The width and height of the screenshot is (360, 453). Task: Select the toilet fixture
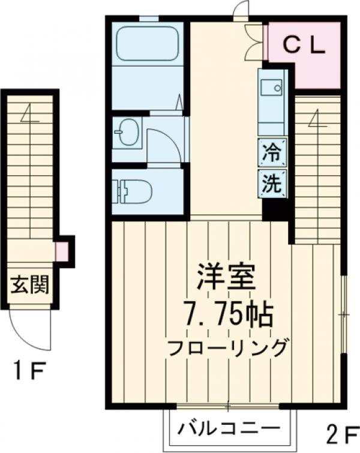point(134,191)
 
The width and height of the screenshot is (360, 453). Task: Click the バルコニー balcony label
point(229,429)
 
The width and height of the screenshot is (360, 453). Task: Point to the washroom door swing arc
point(162,144)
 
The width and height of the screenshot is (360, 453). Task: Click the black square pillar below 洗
point(275,209)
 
